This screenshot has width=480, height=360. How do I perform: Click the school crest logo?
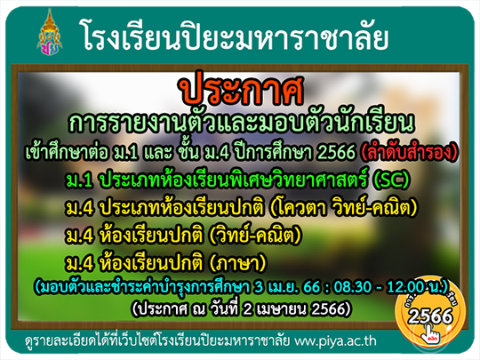click(49, 33)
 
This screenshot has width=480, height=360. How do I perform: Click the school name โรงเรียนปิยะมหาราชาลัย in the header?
click(234, 37)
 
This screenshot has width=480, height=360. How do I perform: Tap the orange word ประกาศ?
click(242, 88)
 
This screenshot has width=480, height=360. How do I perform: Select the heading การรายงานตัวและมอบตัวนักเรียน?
click(241, 123)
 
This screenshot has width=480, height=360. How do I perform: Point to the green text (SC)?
click(392, 179)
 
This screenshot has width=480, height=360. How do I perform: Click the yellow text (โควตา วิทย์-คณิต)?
click(343, 207)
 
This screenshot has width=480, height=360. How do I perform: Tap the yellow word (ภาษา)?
click(237, 263)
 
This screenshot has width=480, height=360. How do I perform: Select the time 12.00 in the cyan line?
click(405, 287)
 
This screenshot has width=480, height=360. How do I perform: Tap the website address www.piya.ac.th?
click(335, 341)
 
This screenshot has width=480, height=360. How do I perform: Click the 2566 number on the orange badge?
click(430, 316)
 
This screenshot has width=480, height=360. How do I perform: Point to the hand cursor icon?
click(430, 333)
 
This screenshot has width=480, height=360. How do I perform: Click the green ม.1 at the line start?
click(79, 180)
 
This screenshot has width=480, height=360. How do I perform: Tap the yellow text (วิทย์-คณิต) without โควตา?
click(254, 235)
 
